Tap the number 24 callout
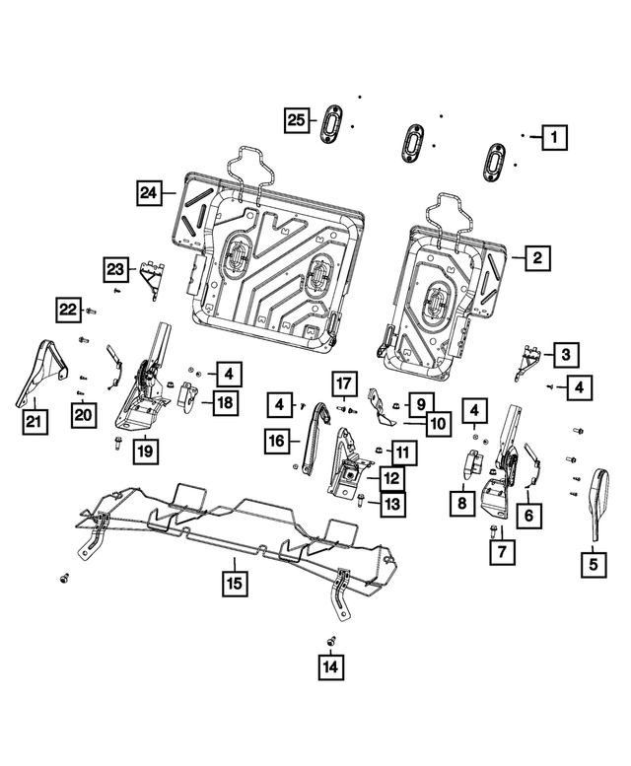coord(149,192)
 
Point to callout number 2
coord(536,258)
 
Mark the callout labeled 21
coord(34,424)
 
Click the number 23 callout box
coord(117,268)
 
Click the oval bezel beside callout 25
coord(331,125)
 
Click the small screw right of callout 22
coord(92,312)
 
